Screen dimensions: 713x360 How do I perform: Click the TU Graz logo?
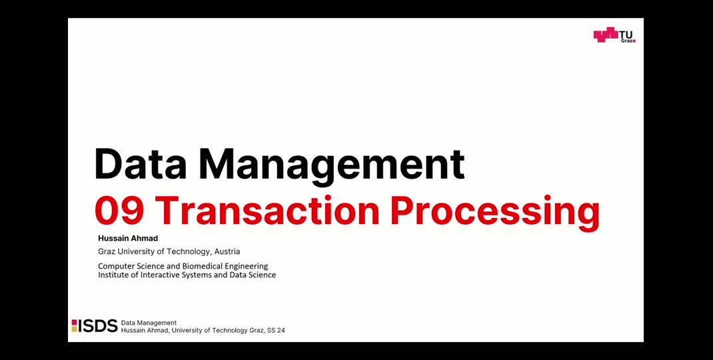(614, 35)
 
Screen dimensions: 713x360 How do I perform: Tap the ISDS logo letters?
(98, 326)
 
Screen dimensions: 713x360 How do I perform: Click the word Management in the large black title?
(331, 165)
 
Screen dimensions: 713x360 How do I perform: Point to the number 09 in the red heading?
(119, 211)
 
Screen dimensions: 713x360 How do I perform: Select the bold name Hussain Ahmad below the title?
(128, 238)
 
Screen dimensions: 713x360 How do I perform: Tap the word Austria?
(227, 251)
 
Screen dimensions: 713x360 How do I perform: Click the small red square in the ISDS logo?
(74, 322)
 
